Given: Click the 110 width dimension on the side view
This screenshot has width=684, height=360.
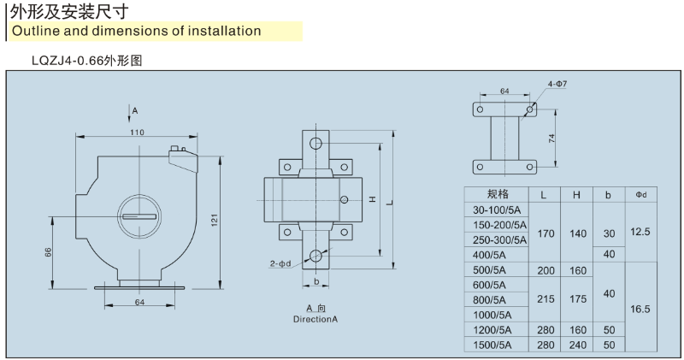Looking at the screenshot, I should [x=137, y=132].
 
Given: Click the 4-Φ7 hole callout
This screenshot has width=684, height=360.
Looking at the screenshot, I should [x=557, y=84].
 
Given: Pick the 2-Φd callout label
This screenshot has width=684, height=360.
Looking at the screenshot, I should [x=280, y=264].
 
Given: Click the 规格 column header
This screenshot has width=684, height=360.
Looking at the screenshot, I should [x=497, y=194].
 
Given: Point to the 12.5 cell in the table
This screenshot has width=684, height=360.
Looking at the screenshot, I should [x=640, y=232].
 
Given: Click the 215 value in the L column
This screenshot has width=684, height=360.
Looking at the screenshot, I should [x=544, y=299].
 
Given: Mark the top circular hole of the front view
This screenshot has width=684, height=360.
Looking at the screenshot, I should [x=317, y=143].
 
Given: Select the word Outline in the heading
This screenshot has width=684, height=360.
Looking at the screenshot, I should [x=36, y=32].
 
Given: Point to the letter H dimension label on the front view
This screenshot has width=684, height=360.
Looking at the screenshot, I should [x=373, y=199].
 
